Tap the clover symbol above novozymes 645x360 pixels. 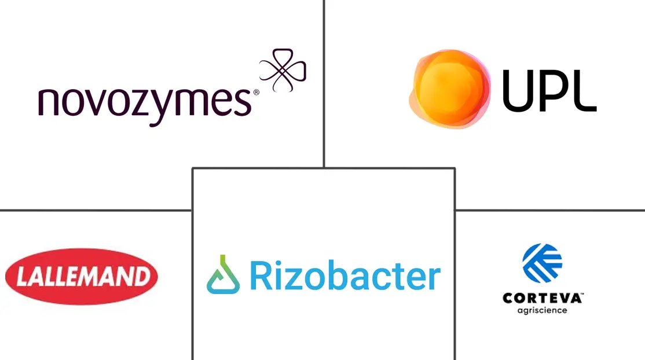tap(283, 70)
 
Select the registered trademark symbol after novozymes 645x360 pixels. tap(256, 93)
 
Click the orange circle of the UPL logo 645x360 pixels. tap(449, 88)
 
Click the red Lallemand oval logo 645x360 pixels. tap(82, 277)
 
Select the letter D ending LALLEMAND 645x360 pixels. tap(142, 276)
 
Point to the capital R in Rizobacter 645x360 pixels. tap(261, 275)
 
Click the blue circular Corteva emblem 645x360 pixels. tap(542, 263)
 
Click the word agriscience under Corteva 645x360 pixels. tap(542, 311)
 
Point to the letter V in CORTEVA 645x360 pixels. tap(563, 298)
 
